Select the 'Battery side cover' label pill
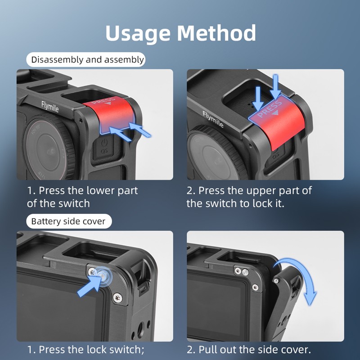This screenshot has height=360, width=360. [68, 221]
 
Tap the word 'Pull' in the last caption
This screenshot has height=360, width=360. [209, 349]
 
